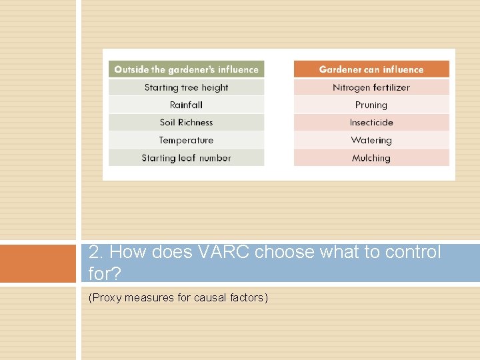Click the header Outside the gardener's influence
pos(186,69)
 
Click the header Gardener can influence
pos(371,69)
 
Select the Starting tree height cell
pos(186,87)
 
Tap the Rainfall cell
pos(186,105)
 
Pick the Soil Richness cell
pos(186,123)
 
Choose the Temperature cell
pos(186,140)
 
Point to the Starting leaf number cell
pos(186,158)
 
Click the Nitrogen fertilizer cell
pos(371,87)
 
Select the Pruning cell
pos(371,105)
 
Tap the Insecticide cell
pos(371,123)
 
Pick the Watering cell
pos(371,140)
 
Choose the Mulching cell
pos(371,158)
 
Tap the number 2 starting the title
pos(95,253)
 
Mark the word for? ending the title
pos(103,273)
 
